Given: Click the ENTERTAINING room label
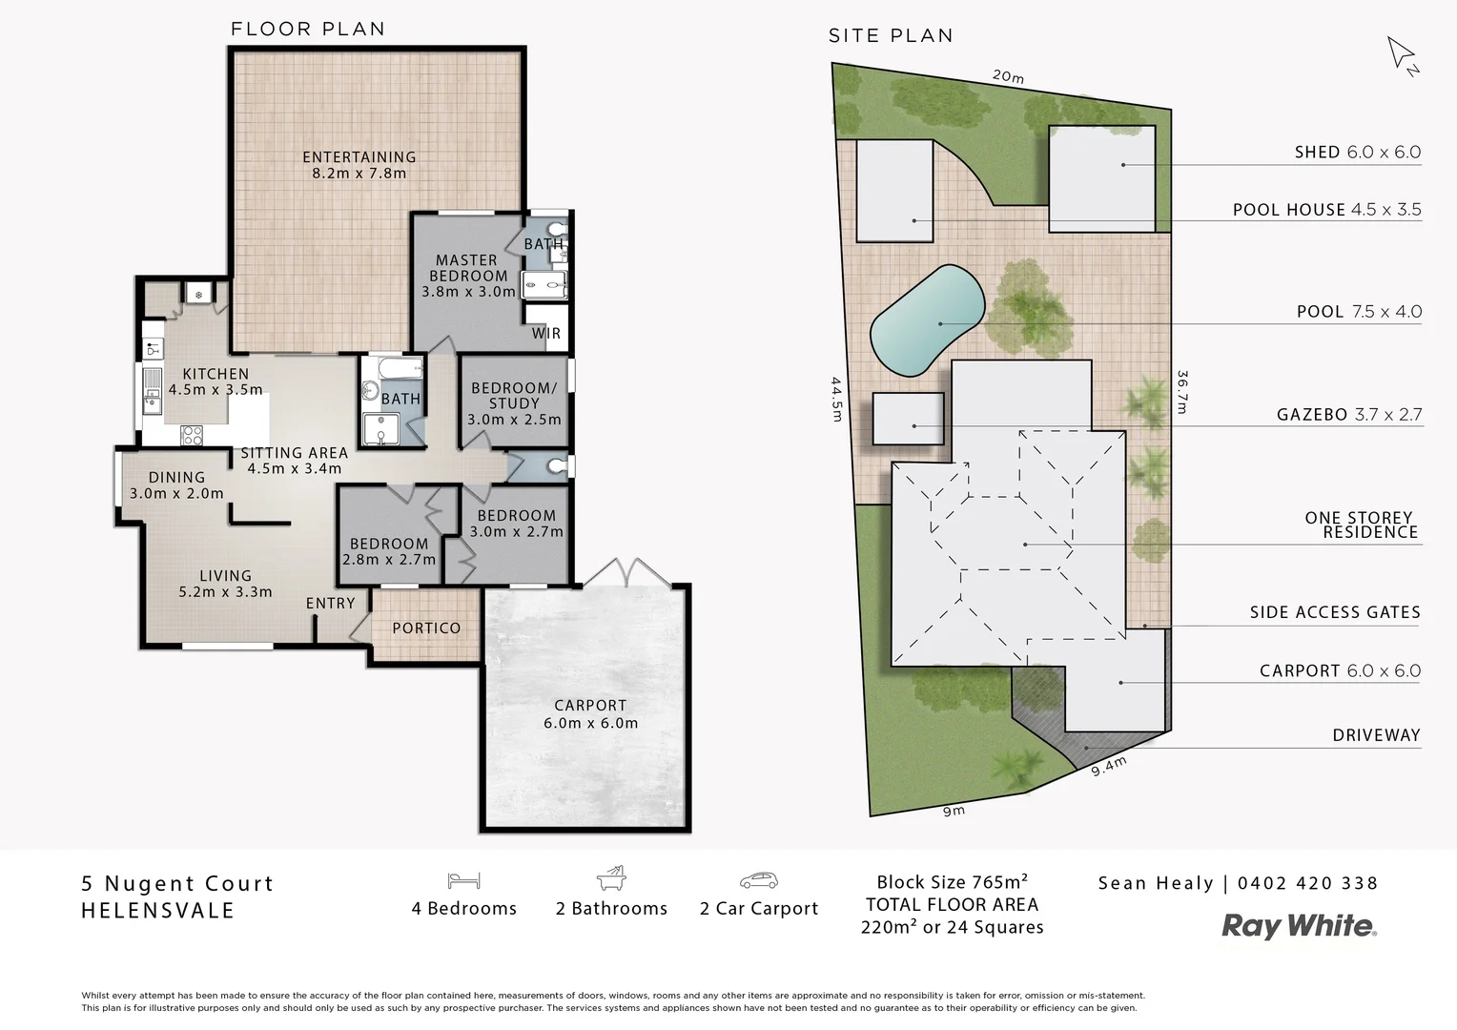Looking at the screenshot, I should [x=359, y=157].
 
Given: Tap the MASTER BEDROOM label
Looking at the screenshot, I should [x=466, y=268].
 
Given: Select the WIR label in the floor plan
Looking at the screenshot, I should [x=546, y=333].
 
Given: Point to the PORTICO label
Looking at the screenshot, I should [x=426, y=628].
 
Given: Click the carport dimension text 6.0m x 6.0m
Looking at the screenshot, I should [x=590, y=723].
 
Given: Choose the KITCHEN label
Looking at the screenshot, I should [x=215, y=375].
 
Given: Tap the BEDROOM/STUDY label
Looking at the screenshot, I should [x=514, y=396].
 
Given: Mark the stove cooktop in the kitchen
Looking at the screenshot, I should [x=192, y=435].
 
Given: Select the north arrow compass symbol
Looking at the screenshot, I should [x=1402, y=54].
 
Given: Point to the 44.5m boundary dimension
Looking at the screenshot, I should [x=836, y=399].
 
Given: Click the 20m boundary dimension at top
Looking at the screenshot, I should [x=1007, y=76].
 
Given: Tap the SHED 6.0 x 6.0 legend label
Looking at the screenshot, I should [x=1357, y=153].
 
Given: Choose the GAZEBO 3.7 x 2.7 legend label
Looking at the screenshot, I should [x=1348, y=415].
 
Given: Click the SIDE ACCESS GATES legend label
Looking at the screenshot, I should [x=1335, y=612].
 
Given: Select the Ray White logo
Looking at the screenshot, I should [x=1299, y=926].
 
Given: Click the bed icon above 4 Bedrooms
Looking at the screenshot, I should [x=463, y=880].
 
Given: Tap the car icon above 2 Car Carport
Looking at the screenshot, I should [x=758, y=880].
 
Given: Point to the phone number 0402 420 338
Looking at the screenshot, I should [x=1307, y=883].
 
